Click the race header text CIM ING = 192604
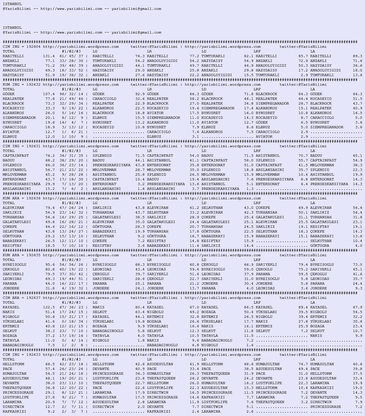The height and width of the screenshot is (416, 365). (22, 47)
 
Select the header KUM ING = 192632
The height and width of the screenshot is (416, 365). (22, 85)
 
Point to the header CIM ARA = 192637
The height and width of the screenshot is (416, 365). (22, 298)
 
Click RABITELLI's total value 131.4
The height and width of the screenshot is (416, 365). (49, 56)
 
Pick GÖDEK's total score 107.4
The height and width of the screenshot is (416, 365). (49, 94)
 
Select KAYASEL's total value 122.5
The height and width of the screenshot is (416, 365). (49, 307)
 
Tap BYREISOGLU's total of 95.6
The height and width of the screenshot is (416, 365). (50, 265)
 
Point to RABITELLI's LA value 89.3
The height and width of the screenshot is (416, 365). (358, 56)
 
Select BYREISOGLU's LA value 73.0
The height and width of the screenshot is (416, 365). (358, 265)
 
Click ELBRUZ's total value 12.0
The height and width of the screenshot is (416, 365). (50, 137)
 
